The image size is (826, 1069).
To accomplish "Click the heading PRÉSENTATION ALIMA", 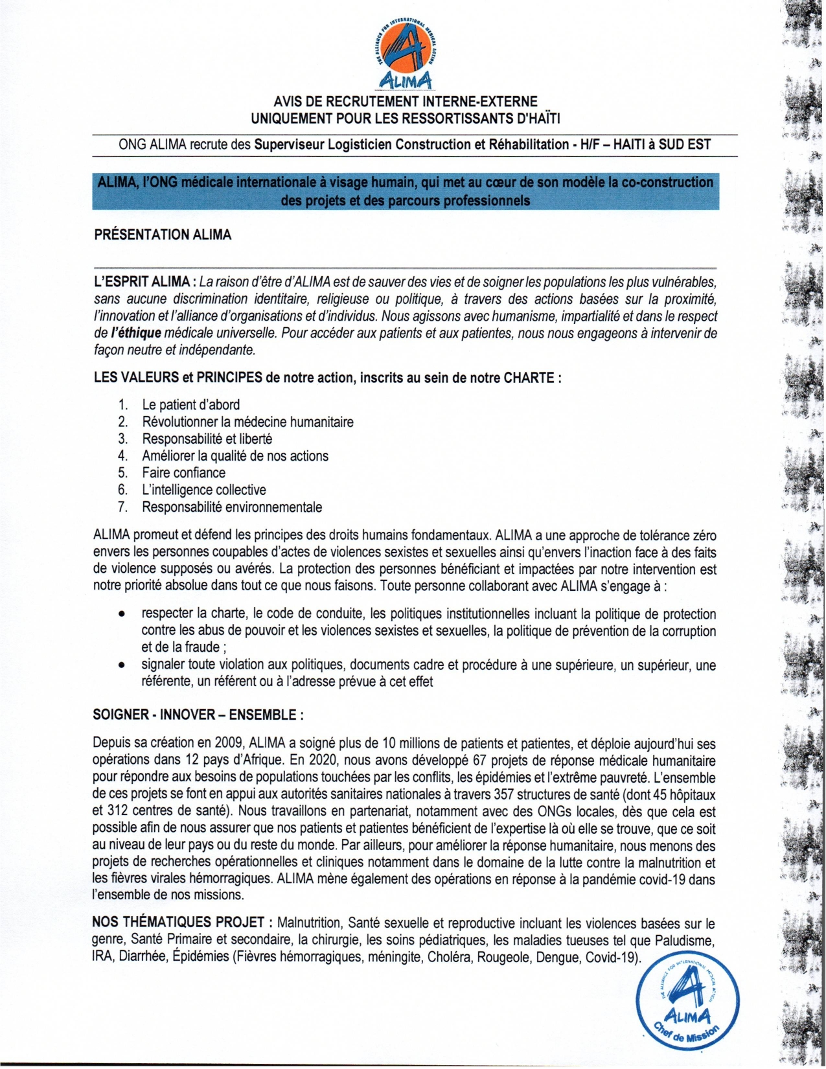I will pyautogui.click(x=163, y=235).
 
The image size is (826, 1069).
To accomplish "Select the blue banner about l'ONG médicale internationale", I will pyautogui.click(x=406, y=192).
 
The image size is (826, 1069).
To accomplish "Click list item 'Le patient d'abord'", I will pyautogui.click(x=191, y=405).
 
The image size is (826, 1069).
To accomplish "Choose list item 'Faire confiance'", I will pyautogui.click(x=184, y=473).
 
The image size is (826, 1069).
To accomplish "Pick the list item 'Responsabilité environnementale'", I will pyautogui.click(x=232, y=507).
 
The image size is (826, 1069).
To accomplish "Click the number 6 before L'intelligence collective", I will pyautogui.click(x=122, y=490).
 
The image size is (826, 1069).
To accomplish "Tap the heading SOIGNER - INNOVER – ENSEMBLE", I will pyautogui.click(x=198, y=715).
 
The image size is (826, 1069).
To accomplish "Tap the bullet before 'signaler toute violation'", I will pyautogui.click(x=120, y=665).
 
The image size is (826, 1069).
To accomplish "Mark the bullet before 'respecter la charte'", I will pyautogui.click(x=120, y=614).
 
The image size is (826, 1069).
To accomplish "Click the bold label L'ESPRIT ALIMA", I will pyautogui.click(x=144, y=282).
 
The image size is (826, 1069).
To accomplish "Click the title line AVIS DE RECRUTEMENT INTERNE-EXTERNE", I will pyautogui.click(x=406, y=102).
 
